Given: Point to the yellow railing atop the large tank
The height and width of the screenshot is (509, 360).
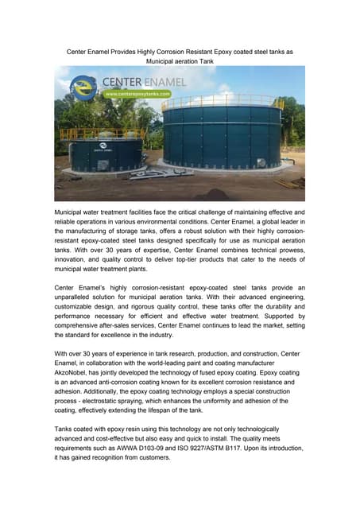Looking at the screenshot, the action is pyautogui.click(x=223, y=102).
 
